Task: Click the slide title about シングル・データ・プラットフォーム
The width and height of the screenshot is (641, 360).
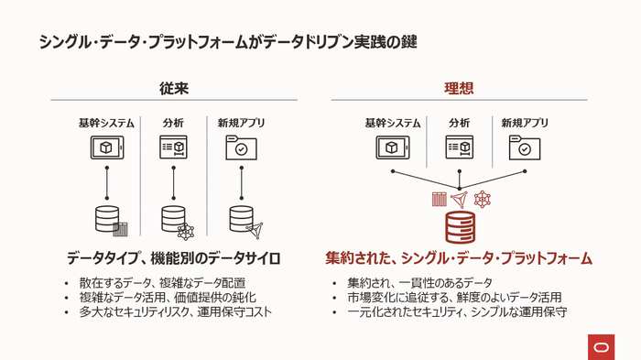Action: pyautogui.click(x=230, y=42)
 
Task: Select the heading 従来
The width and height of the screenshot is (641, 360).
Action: pyautogui.click(x=172, y=88)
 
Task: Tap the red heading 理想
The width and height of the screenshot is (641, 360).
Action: pyautogui.click(x=459, y=88)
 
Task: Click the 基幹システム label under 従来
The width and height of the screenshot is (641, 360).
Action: pyautogui.click(x=106, y=123)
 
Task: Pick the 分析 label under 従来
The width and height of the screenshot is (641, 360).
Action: pyautogui.click(x=173, y=123)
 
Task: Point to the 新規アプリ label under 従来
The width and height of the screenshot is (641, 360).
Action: pyautogui.click(x=241, y=123)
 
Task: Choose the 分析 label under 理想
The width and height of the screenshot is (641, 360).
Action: pyautogui.click(x=459, y=123)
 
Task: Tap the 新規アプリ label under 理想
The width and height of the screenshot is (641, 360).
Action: pyautogui.click(x=526, y=123)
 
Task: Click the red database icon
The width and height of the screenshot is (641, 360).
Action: pyautogui.click(x=459, y=226)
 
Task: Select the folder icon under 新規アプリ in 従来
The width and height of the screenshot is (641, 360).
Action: pyautogui.click(x=241, y=147)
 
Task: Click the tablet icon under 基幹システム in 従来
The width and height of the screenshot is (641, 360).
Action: pyautogui.click(x=106, y=147)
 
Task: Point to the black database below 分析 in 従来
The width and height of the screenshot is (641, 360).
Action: pyautogui.click(x=173, y=218)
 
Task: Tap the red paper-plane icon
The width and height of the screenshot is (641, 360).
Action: pyautogui.click(x=460, y=199)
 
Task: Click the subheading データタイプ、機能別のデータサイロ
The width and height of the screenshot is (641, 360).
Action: pyautogui.click(x=172, y=257)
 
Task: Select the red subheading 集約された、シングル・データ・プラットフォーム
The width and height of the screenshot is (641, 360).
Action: pyautogui.click(x=459, y=257)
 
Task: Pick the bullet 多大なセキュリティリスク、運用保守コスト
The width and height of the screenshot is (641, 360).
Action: pyautogui.click(x=174, y=312)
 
